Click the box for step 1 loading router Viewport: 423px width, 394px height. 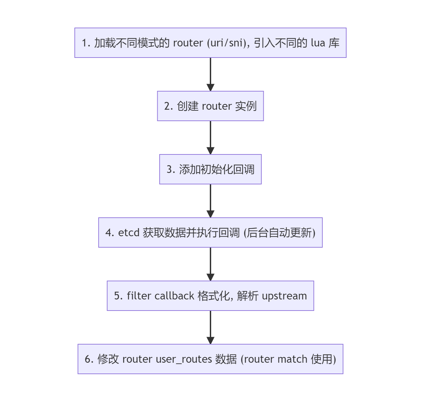210,43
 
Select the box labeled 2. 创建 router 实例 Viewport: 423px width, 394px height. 210,106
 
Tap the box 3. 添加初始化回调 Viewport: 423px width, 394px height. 210,169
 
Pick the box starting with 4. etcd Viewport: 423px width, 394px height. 210,232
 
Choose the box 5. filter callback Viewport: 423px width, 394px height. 210,296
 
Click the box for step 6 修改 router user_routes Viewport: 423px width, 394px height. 210,359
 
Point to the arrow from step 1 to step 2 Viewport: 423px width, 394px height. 210,74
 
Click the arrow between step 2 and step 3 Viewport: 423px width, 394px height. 210,137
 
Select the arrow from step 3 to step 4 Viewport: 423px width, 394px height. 210,201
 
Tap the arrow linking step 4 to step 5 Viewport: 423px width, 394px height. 210,264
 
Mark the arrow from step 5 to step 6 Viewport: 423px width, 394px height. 210,327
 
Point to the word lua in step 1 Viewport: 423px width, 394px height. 318,43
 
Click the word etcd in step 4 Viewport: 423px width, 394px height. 129,233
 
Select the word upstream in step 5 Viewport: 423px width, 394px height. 284,296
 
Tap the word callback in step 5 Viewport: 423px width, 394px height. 174,296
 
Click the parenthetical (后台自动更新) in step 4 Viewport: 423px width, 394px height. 280,233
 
